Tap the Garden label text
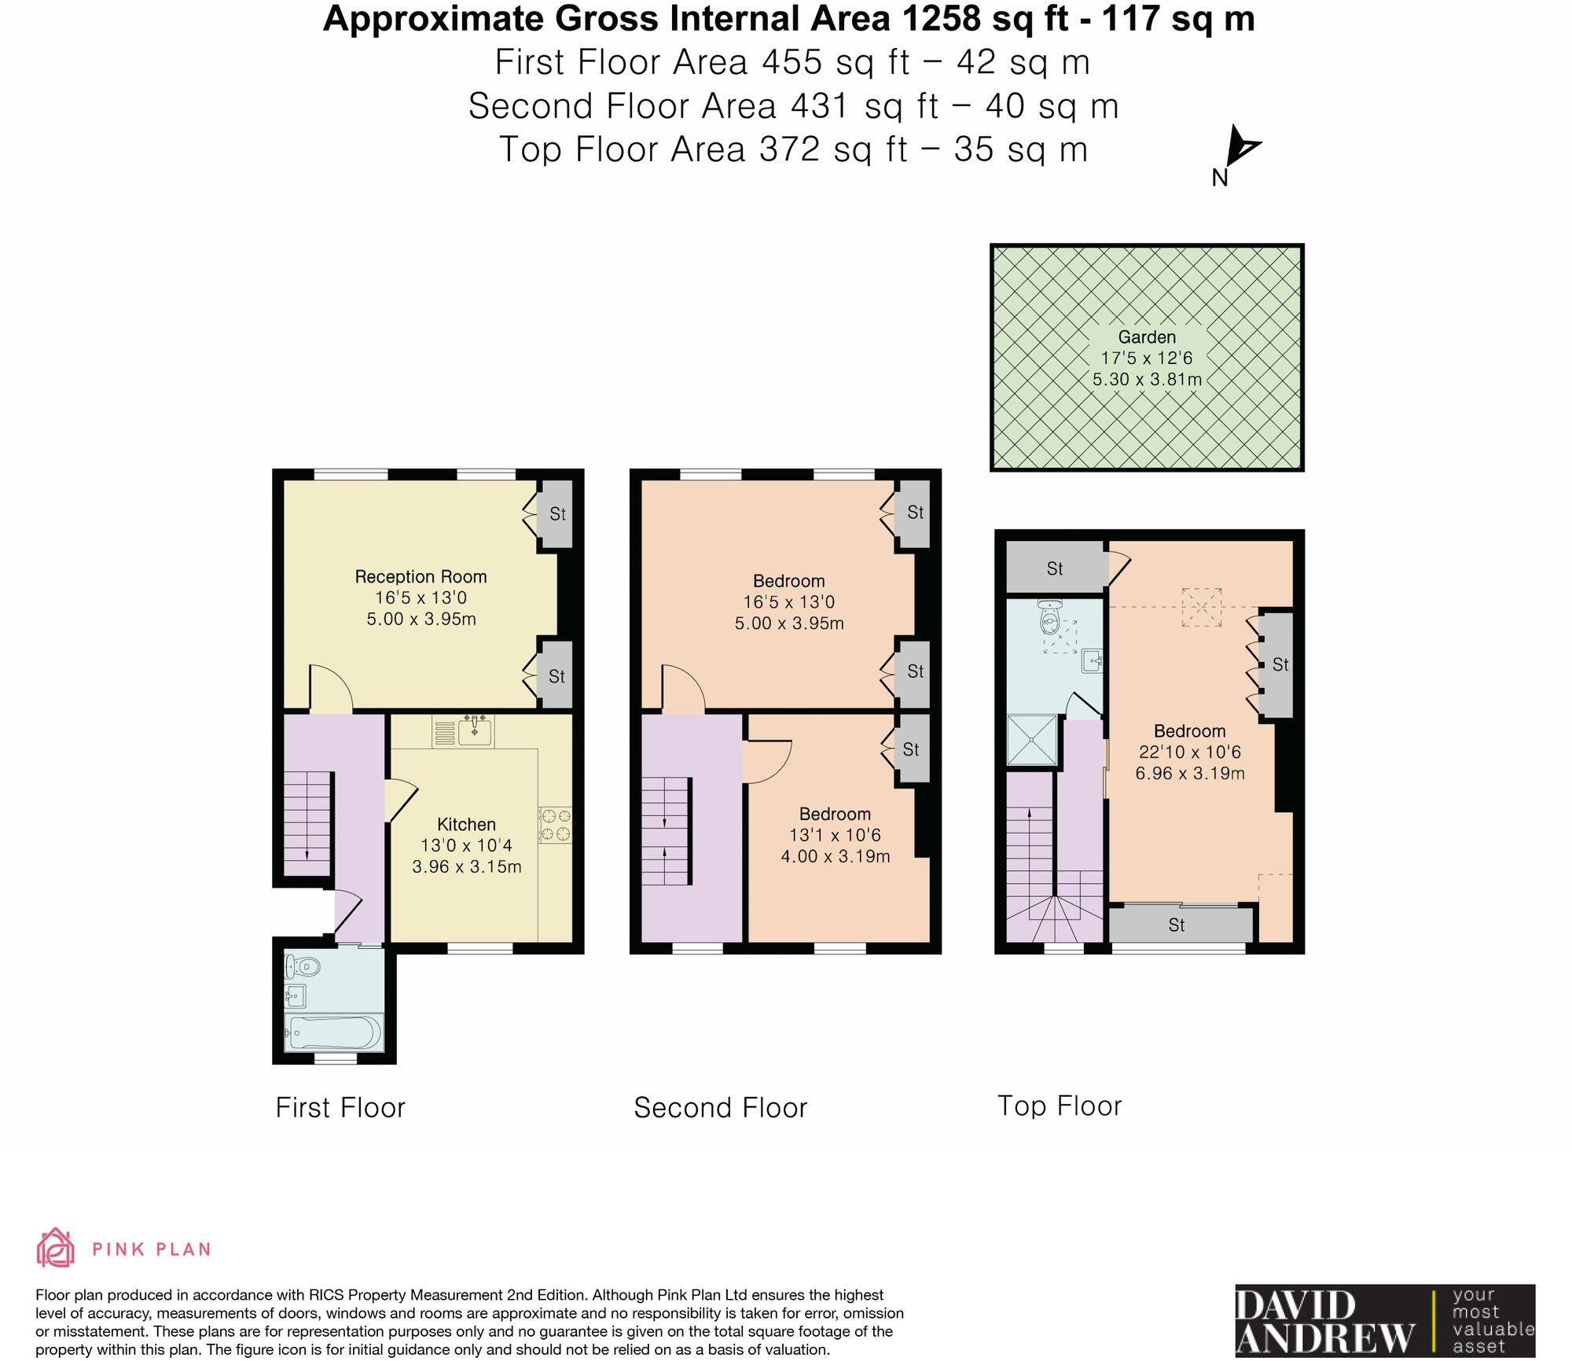(1147, 337)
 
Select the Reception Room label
(421, 576)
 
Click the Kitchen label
(466, 824)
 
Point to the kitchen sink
(474, 731)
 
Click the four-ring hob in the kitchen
(555, 826)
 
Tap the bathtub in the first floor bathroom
(333, 1031)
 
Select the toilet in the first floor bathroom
(302, 965)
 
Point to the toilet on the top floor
(1049, 618)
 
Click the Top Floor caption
(1059, 1105)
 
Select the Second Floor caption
(720, 1107)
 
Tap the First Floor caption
(340, 1107)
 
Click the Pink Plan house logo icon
(56, 1249)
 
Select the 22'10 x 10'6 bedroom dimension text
(1189, 752)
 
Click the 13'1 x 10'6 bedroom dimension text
(835, 835)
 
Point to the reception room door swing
(330, 687)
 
